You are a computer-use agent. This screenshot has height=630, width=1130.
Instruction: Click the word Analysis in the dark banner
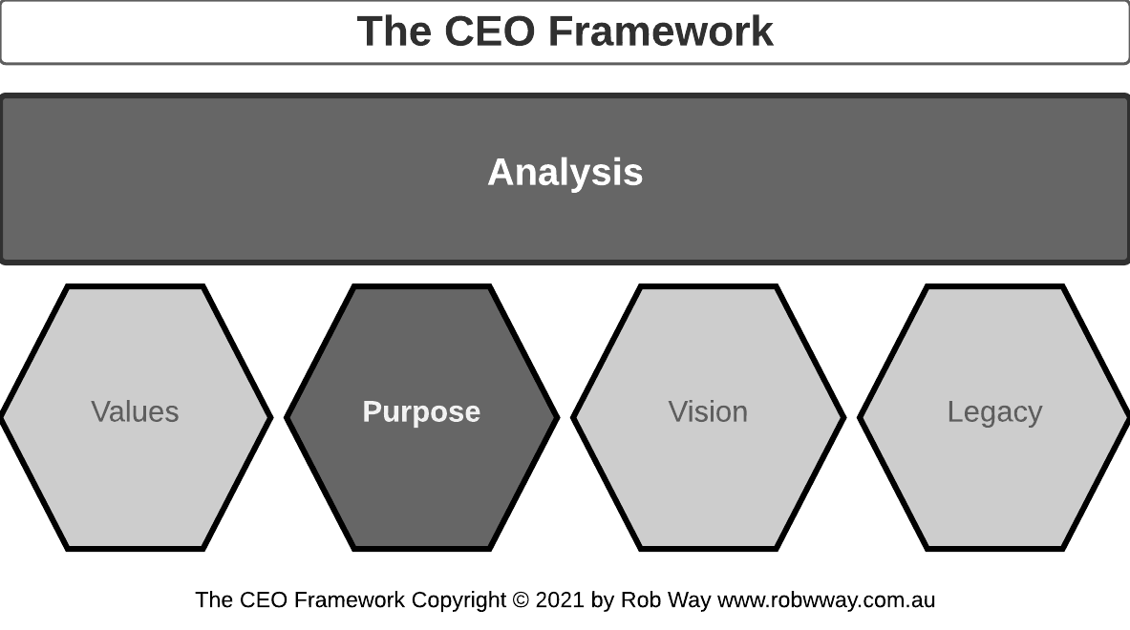(565, 173)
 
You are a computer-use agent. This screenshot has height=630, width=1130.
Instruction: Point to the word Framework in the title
(661, 31)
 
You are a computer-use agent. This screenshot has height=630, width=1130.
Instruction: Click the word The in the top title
(394, 31)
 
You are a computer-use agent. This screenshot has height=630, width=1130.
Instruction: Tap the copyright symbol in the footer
(521, 600)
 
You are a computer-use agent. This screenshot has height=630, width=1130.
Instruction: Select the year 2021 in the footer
(560, 600)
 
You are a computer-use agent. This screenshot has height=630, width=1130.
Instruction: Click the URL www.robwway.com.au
(826, 600)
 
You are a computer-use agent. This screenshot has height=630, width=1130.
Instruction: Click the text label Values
(135, 412)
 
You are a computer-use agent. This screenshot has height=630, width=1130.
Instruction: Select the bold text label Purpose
(421, 412)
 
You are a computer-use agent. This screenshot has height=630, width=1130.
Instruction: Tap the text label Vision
(708, 412)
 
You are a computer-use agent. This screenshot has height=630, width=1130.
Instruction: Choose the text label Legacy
(994, 412)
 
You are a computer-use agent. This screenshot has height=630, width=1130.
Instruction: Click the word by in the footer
(603, 600)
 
